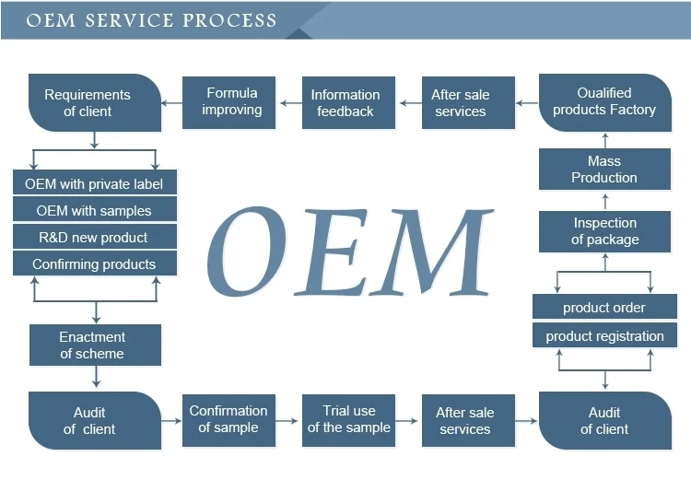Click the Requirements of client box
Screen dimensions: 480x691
(x=88, y=102)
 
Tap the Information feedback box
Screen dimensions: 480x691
(x=345, y=102)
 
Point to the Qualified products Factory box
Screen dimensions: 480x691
(x=603, y=101)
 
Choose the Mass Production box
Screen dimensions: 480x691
(x=603, y=170)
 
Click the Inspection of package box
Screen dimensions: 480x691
(x=603, y=230)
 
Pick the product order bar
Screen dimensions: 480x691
(x=603, y=308)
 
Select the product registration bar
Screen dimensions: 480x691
(x=603, y=336)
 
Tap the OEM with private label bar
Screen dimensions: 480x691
(x=94, y=183)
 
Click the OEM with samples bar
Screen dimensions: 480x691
(x=94, y=210)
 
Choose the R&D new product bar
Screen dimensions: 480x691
(x=94, y=237)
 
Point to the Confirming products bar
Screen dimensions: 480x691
(x=94, y=264)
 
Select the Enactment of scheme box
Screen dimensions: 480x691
(x=95, y=345)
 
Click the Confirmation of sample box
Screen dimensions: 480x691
(x=228, y=419)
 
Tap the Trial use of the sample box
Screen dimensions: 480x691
(x=348, y=419)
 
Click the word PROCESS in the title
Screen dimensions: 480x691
(x=231, y=20)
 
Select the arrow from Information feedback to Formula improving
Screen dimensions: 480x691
(x=291, y=102)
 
